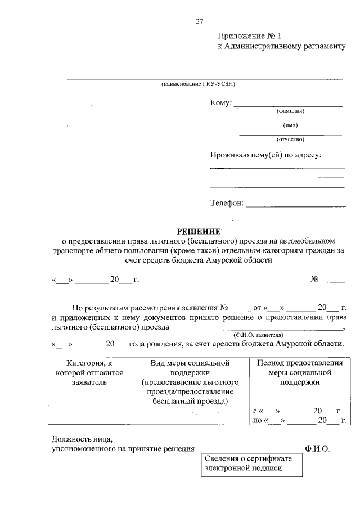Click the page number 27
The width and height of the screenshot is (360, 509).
(x=199, y=21)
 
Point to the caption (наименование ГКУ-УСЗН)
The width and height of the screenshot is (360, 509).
(x=197, y=84)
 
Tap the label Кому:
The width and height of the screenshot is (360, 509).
(x=221, y=103)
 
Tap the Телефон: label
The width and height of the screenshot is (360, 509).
(x=227, y=203)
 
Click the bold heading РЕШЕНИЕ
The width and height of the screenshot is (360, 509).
(x=199, y=231)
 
